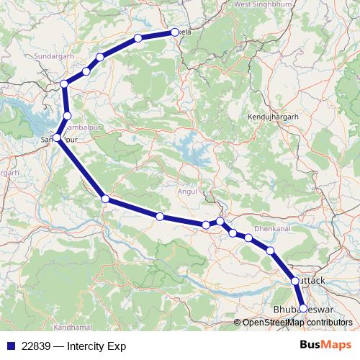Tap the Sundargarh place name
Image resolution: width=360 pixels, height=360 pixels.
(x=54, y=55)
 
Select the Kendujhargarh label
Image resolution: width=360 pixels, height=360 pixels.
(x=272, y=116)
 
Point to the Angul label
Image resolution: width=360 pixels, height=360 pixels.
(x=186, y=192)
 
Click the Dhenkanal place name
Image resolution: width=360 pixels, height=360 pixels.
(x=271, y=228)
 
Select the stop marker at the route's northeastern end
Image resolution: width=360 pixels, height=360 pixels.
(x=175, y=32)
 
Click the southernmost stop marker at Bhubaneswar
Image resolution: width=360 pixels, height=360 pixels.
(x=303, y=308)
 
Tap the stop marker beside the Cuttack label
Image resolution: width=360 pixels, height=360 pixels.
(x=294, y=281)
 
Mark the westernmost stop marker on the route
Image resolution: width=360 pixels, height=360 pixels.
(x=57, y=137)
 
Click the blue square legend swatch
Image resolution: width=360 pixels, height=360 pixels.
(x=9, y=346)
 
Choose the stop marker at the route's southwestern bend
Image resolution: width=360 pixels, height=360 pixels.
(x=105, y=199)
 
